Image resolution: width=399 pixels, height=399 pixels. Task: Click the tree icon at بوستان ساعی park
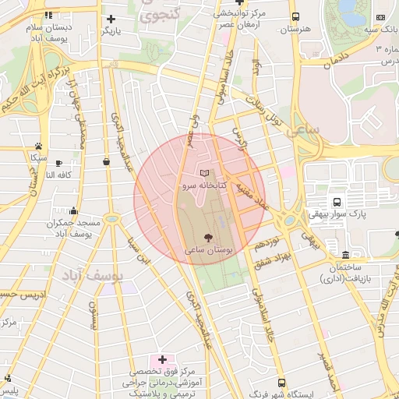tap(208, 237)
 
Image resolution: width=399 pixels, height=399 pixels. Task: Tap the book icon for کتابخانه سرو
tap(205, 172)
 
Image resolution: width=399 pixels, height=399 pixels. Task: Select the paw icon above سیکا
tap(38, 145)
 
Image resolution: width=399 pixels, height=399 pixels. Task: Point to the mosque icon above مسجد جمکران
tap(74, 210)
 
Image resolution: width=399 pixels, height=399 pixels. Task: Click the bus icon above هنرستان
tap(295, 17)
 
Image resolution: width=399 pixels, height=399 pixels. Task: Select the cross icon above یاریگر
tap(111, 18)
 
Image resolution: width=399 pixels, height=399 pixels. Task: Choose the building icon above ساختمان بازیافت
tap(346, 255)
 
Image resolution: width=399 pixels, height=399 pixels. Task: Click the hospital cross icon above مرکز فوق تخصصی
tap(162, 359)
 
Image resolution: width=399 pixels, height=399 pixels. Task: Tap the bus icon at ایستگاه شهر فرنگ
tap(281, 383)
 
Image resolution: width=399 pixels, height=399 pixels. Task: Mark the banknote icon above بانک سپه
tap(380, 17)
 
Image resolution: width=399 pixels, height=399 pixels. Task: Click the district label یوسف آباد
tap(88, 277)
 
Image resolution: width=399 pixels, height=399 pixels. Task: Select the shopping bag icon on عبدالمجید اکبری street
tap(106, 161)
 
